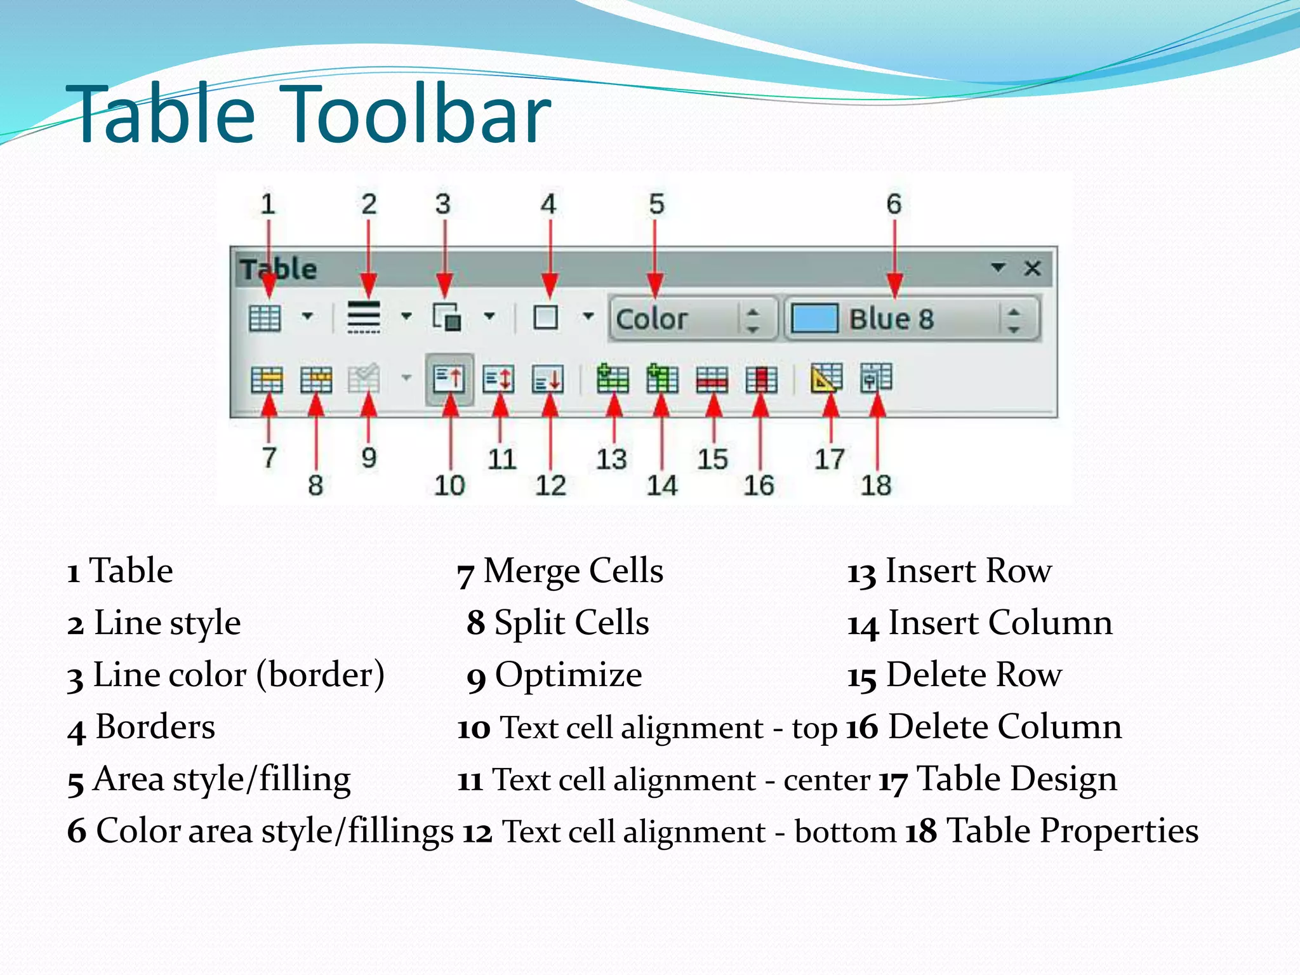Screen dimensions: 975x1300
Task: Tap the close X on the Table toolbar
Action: [x=1032, y=268]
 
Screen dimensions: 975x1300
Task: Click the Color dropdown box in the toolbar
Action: [x=692, y=319]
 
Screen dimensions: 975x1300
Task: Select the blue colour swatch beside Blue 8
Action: [x=815, y=318]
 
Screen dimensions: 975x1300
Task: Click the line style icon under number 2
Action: [x=364, y=316]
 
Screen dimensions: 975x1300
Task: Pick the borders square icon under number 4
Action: [x=546, y=317]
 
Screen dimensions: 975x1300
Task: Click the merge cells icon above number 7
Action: [x=267, y=380]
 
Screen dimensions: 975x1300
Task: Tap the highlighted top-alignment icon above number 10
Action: [x=449, y=380]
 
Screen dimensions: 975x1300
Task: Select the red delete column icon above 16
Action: [x=761, y=380]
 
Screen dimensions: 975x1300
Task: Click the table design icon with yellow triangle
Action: [x=826, y=378]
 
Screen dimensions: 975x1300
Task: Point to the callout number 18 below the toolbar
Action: [x=876, y=486]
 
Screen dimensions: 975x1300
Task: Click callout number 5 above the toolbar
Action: [x=656, y=204]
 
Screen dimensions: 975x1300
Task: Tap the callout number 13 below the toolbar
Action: [x=611, y=459]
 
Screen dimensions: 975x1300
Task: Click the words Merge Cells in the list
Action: [x=573, y=570]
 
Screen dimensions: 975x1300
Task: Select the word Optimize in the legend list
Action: [x=568, y=674]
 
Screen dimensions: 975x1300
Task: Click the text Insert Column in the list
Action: [x=1000, y=622]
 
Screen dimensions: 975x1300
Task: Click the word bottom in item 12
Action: [x=845, y=832]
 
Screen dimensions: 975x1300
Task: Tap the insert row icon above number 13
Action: [x=613, y=380]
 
